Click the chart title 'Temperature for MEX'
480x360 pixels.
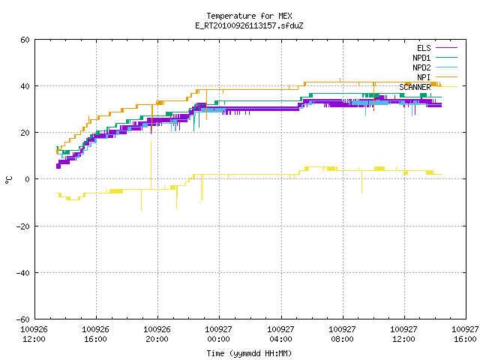pyautogui.click(x=249, y=16)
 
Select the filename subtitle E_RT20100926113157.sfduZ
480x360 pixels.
pyautogui.click(x=249, y=25)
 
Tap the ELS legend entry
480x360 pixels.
pyautogui.click(x=437, y=48)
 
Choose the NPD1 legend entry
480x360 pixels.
pyautogui.click(x=435, y=58)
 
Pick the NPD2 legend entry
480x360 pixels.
pyautogui.click(x=435, y=67)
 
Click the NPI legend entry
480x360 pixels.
pyautogui.click(x=437, y=77)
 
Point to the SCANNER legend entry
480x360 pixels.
pyautogui.click(x=428, y=87)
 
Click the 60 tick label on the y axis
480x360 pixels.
pyautogui.click(x=25, y=40)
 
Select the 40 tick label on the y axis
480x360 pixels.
pyautogui.click(x=25, y=86)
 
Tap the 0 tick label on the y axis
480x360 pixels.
pyautogui.click(x=27, y=179)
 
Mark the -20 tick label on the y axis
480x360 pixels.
pyautogui.click(x=23, y=226)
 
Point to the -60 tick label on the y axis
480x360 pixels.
pyautogui.click(x=23, y=319)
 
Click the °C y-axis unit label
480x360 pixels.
pyautogui.click(x=8, y=180)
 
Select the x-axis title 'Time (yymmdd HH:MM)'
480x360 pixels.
pyautogui.click(x=249, y=353)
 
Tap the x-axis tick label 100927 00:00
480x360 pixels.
pyautogui.click(x=218, y=334)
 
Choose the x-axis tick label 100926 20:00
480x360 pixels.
pyautogui.click(x=157, y=334)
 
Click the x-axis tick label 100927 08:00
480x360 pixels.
pyautogui.click(x=342, y=334)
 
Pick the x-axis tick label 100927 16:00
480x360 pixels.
pyautogui.click(x=465, y=334)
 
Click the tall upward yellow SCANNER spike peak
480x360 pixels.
pyautogui.click(x=151, y=142)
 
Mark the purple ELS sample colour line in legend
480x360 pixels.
pyautogui.click(x=447, y=48)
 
